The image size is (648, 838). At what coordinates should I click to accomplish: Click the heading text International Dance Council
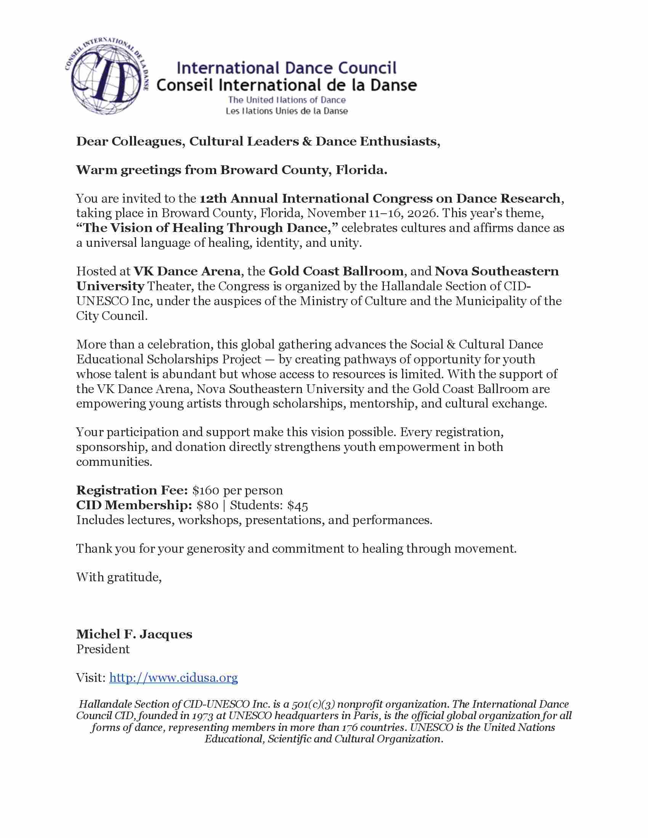[x=286, y=68]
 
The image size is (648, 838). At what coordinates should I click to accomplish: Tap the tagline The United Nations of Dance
[x=287, y=100]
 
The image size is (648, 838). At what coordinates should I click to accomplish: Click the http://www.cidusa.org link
[x=173, y=678]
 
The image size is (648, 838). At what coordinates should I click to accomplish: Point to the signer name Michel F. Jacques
[x=134, y=634]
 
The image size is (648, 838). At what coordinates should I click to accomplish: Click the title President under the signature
[x=103, y=649]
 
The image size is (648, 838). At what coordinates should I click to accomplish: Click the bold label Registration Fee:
[x=132, y=490]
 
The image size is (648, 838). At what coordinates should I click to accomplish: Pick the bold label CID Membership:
[x=134, y=505]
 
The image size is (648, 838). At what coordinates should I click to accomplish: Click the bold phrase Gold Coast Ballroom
[x=336, y=271]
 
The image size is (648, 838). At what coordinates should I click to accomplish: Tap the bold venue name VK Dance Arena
[x=187, y=271]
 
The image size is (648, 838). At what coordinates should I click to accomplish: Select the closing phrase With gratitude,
[x=119, y=577]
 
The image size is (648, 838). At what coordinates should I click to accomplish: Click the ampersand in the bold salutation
[x=307, y=142]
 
